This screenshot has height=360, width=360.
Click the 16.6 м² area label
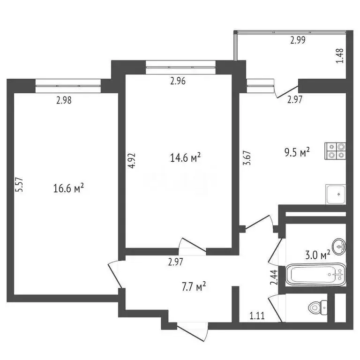coord(69,188)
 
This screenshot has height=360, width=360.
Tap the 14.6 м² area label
coord(186,158)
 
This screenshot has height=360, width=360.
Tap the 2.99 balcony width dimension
coord(298,40)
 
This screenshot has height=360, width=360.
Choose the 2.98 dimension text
coord(64,99)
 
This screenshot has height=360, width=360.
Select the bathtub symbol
coord(316,274)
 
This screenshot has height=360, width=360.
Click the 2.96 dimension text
coord(178,81)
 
